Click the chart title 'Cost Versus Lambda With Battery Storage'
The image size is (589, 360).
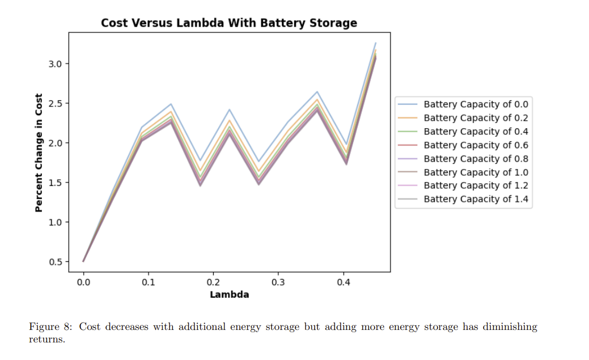click(x=229, y=23)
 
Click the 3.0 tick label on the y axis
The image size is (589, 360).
click(x=56, y=63)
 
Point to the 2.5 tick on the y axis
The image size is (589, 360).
click(x=56, y=103)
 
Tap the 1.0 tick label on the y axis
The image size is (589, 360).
click(x=56, y=222)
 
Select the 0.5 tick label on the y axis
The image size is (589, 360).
click(x=56, y=262)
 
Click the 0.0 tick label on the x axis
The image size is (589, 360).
click(x=83, y=282)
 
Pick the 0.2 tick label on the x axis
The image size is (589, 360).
click(x=213, y=282)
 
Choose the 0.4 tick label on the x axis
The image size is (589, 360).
click(x=343, y=282)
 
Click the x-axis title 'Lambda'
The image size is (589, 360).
click(x=229, y=295)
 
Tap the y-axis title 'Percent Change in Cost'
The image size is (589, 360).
click(x=39, y=153)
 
